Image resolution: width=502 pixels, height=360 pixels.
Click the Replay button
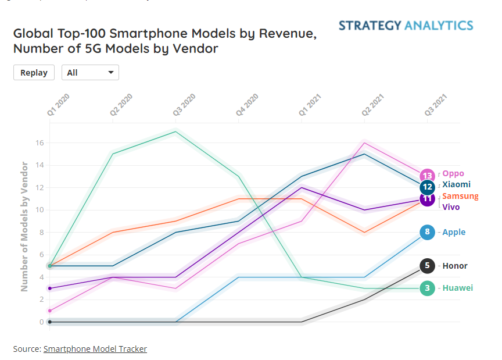(x=34, y=73)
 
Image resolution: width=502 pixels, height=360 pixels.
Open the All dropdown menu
(x=90, y=73)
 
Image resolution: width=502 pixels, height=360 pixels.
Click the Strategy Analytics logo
(x=406, y=26)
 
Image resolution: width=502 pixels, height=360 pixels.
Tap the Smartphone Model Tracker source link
(x=95, y=349)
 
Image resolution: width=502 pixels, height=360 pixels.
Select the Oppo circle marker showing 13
(x=428, y=176)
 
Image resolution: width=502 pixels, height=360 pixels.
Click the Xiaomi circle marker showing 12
(x=428, y=187)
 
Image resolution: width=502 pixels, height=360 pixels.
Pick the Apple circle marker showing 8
(x=427, y=232)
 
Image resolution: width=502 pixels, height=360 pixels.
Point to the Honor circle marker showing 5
(x=427, y=266)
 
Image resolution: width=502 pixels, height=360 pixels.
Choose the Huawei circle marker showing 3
(x=427, y=288)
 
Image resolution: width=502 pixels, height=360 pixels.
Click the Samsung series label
(x=460, y=196)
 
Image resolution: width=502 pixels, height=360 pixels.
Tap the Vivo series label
(x=451, y=206)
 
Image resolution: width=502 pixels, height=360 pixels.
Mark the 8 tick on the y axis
(x=41, y=232)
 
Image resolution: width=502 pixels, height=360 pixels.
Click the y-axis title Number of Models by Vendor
(x=24, y=226)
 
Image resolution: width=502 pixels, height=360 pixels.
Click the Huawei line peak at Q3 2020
(x=175, y=131)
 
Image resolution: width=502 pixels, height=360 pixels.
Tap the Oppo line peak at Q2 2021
(x=364, y=142)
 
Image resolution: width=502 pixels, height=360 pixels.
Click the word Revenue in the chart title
(x=286, y=34)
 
